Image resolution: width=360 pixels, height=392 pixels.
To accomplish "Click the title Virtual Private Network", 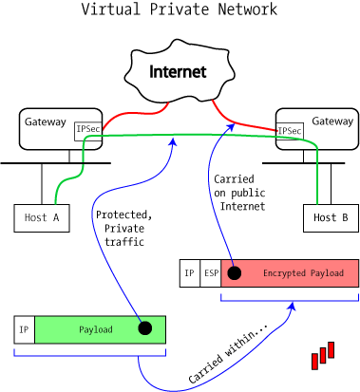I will (x=179, y=10).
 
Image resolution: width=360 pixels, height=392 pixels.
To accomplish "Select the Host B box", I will (x=331, y=218).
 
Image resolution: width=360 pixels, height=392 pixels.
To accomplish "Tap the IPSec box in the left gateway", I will (x=88, y=130).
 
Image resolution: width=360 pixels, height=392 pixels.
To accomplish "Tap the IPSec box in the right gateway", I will (x=290, y=130).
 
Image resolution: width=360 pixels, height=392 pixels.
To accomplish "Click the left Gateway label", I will (x=46, y=122).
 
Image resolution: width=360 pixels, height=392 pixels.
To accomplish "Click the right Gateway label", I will (x=332, y=121).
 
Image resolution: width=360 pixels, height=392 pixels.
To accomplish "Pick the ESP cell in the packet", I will (x=210, y=273).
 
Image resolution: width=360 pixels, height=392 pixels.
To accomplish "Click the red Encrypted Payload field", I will (x=302, y=273).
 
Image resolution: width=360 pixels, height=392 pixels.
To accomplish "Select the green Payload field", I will (x=95, y=329).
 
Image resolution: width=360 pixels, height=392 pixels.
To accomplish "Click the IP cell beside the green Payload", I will (x=24, y=329).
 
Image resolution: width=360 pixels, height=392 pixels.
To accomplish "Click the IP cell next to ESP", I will (x=190, y=273).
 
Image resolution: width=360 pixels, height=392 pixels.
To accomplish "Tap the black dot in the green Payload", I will (x=144, y=328).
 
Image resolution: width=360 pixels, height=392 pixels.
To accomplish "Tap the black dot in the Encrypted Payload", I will (x=234, y=273).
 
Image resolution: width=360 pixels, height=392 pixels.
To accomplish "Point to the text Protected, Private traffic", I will (x=123, y=229).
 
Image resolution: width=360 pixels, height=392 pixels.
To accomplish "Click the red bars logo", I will (x=324, y=354).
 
